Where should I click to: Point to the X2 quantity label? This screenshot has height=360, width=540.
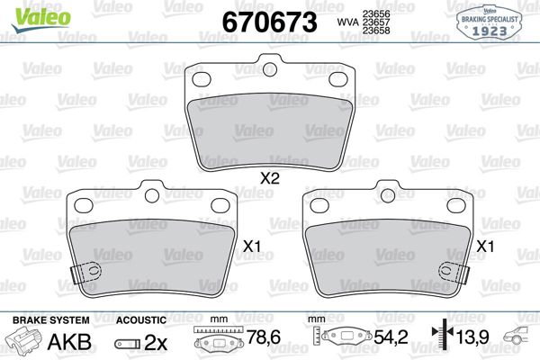269,178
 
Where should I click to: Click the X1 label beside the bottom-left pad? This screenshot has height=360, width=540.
252,246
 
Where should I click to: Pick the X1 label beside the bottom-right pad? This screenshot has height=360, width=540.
487,246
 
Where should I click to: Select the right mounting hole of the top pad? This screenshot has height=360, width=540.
338,79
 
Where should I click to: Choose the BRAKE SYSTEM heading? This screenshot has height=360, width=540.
49,320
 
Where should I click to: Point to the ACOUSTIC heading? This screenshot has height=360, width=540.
141,320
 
